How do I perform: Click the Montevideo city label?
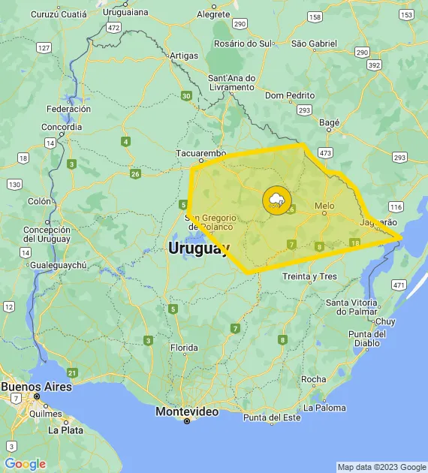pos(187,411)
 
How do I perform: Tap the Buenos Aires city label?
pos(36,387)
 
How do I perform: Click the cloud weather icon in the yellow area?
pos(276,200)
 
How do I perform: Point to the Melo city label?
pos(324,205)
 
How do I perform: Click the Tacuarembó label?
pos(200,153)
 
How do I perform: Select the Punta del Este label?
pos(271,417)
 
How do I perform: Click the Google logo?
pos(25,464)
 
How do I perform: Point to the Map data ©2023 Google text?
pos(381,467)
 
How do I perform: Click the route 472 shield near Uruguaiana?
pos(113,27)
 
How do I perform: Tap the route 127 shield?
pos(44,48)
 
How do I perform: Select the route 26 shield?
pos(135,174)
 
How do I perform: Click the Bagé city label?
pos(330,122)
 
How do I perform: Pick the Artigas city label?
pos(184,56)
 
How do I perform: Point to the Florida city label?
pos(184,348)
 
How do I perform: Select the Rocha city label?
pos(313,379)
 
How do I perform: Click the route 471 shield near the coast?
pos(399,285)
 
